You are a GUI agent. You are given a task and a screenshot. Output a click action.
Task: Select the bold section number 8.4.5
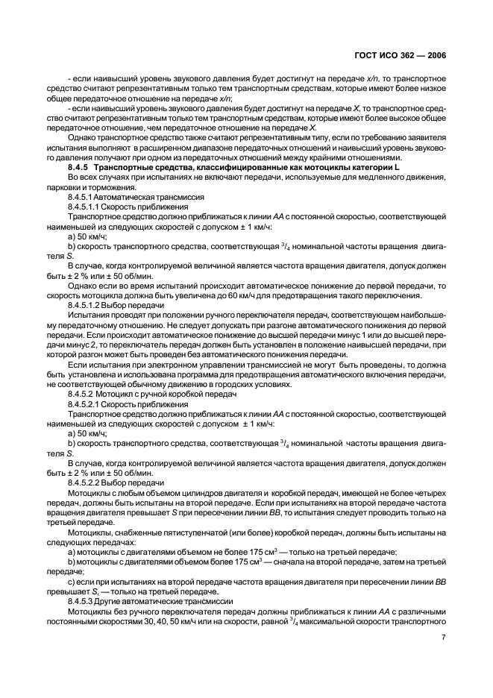coord(79,169)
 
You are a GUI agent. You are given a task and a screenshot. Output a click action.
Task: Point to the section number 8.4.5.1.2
coord(89,305)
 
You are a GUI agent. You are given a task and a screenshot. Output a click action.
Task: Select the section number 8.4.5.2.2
coord(89,482)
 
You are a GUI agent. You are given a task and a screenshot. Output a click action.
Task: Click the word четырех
coord(430,492)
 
